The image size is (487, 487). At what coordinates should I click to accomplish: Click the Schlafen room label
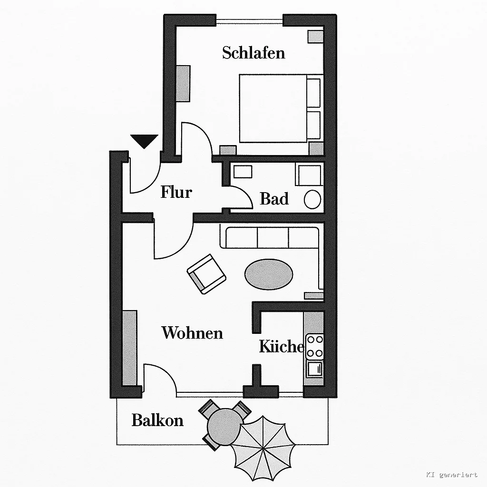click(x=253, y=53)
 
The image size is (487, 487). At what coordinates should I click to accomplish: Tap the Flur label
click(x=176, y=192)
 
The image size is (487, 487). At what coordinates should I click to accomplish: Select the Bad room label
click(x=274, y=199)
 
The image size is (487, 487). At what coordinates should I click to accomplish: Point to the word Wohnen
click(x=192, y=332)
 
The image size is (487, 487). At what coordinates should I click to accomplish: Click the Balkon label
click(x=157, y=420)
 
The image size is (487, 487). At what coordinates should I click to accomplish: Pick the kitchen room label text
click(x=282, y=346)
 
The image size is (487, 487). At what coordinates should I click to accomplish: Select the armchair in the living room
click(x=206, y=274)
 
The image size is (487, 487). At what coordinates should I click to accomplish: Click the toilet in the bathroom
click(x=312, y=199)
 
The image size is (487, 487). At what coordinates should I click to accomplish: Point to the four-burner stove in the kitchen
click(x=315, y=347)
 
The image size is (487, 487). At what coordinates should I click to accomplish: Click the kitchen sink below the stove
click(x=315, y=369)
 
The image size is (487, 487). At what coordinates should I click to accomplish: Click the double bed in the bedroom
click(x=280, y=108)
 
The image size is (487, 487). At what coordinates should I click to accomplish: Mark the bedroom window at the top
click(x=249, y=21)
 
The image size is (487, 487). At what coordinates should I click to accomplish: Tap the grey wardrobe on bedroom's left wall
click(x=183, y=83)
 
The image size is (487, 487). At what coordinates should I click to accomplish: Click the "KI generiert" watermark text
click(x=452, y=474)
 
